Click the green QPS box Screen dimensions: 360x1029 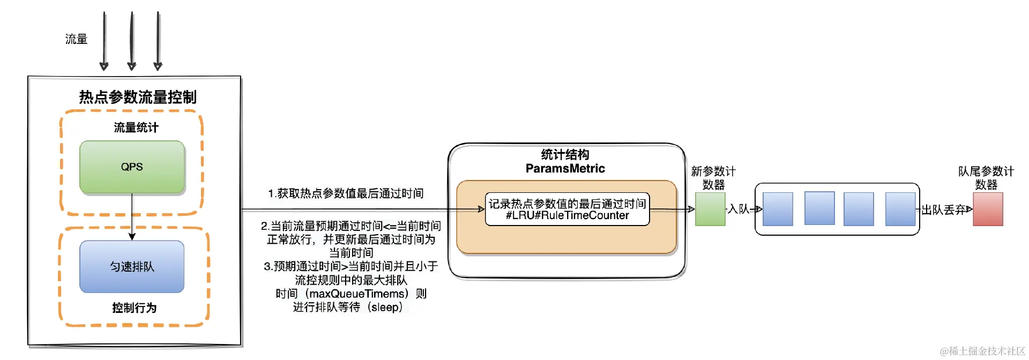(x=132, y=167)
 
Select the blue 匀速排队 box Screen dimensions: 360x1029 (x=132, y=266)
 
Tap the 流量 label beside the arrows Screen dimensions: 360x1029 (x=76, y=39)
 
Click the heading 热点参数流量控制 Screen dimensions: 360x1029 (x=138, y=97)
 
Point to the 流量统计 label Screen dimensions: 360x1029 (x=136, y=127)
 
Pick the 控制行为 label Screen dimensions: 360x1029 (x=134, y=307)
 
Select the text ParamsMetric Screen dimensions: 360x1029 (x=565, y=169)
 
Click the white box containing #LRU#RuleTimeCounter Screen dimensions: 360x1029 (x=567, y=209)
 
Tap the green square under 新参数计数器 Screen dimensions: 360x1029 (x=710, y=209)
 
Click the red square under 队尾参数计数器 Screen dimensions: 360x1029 (x=988, y=209)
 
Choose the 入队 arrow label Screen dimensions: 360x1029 (x=738, y=209)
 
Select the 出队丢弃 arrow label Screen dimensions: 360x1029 (x=943, y=209)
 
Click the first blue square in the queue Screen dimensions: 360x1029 (x=778, y=209)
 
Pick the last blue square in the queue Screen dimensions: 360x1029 (x=900, y=209)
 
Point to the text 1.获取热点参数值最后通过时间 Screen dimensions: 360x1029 (x=346, y=193)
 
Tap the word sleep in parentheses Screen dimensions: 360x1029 (x=385, y=307)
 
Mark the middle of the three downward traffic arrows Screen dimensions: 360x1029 (x=131, y=41)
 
